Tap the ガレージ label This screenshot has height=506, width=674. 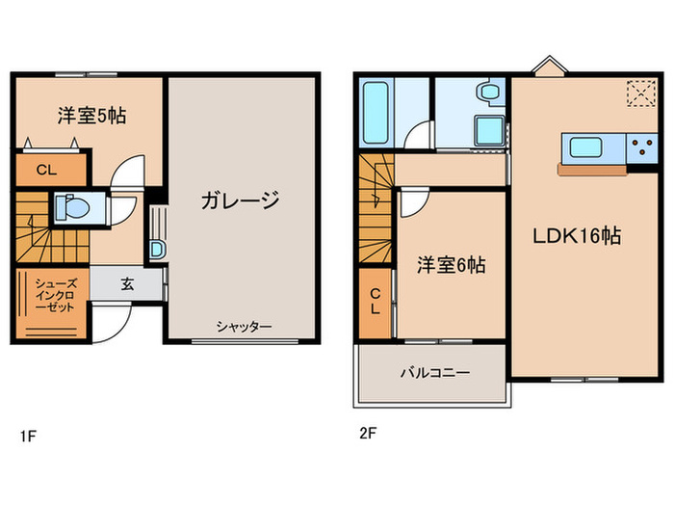240,201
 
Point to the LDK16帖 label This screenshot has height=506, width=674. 577,236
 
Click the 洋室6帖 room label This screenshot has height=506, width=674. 451,265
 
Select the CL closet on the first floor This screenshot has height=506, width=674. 46,171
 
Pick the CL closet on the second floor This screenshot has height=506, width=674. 376,302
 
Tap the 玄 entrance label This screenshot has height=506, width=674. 127,283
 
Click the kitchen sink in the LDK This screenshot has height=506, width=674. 586,147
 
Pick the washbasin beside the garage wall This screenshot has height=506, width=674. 157,249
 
